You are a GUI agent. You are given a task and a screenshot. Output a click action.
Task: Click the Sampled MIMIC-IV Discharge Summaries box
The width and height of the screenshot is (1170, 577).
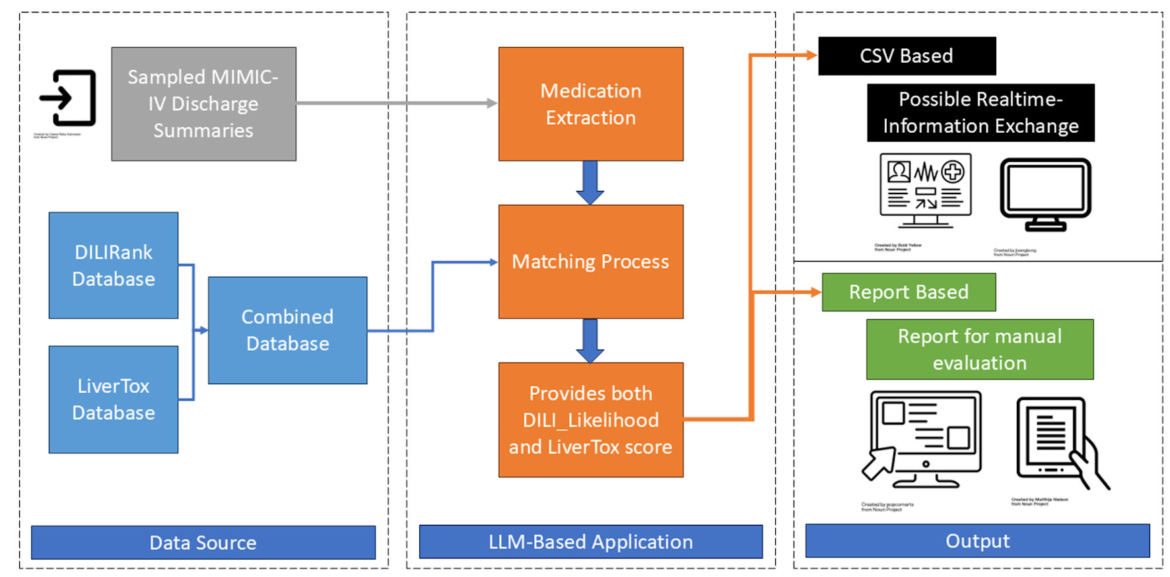coord(203,104)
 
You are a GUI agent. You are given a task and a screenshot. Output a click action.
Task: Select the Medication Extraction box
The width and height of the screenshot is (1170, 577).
coord(590,104)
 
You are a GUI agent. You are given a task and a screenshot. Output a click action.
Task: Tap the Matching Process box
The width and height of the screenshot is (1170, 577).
coord(590,261)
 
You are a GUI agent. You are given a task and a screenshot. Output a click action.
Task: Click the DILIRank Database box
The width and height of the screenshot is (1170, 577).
coord(113,265)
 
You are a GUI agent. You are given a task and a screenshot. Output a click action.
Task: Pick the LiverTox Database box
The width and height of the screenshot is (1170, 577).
coord(113,399)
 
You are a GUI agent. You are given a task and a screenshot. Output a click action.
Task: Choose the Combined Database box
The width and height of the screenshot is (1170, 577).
coord(287,330)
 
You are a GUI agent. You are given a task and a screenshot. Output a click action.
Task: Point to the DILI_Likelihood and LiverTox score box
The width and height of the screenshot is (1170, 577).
coord(590,420)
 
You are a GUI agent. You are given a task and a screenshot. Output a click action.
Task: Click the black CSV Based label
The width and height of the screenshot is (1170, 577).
coord(906,56)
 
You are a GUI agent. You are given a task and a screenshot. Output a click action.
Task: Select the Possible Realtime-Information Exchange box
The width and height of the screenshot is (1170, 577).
coord(980,113)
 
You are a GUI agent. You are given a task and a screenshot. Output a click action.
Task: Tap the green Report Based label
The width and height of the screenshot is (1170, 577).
coord(908,292)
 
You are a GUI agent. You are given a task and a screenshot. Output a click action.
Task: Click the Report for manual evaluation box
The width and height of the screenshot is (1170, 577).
coord(979,349)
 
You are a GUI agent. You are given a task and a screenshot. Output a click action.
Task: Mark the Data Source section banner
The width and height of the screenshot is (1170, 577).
coord(203,543)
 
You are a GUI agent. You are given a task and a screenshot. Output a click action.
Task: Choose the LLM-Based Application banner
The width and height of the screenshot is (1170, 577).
coord(590,542)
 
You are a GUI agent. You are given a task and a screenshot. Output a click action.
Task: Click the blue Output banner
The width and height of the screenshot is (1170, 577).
coord(977,541)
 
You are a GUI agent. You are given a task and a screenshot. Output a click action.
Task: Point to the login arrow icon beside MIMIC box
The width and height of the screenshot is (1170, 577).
coord(68,98)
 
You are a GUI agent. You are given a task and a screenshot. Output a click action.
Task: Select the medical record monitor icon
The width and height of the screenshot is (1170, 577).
coord(925,190)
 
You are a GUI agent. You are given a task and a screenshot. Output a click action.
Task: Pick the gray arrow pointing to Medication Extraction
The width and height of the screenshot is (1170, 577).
coord(396,103)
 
